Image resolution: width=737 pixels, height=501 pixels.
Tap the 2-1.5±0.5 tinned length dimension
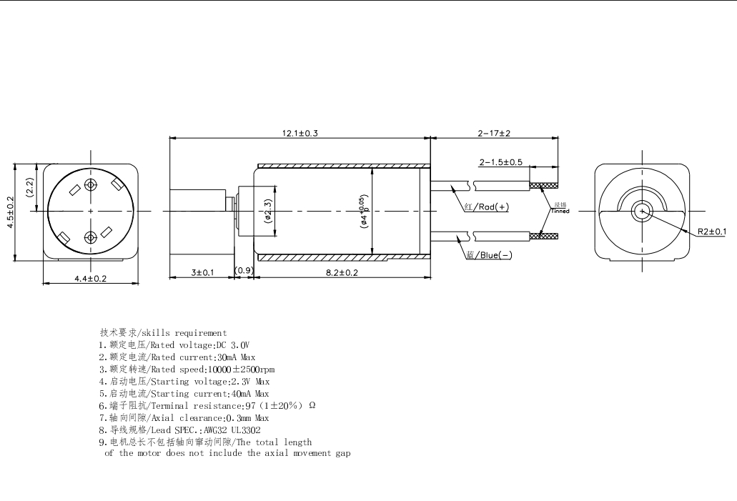coord(500,162)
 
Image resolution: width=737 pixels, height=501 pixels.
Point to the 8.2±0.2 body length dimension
coord(341,273)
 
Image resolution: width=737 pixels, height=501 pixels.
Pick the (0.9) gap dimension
coord(244,271)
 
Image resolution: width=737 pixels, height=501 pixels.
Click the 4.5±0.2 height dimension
coord(10,212)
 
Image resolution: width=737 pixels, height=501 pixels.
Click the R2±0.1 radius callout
coord(712,232)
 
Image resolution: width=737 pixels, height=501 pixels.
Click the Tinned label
coord(560,211)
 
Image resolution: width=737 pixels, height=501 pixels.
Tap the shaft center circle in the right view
coord(643,212)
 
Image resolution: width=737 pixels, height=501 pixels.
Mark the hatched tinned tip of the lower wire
coord(543,235)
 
